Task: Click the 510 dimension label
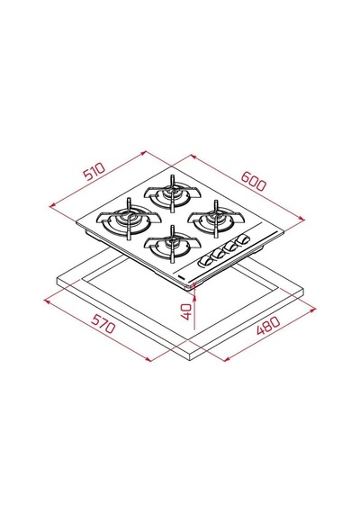point(94,171)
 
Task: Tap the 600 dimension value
point(254,181)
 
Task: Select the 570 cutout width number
point(103,323)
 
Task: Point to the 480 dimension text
point(268,326)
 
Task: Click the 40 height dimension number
point(186,311)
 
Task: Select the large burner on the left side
point(129,219)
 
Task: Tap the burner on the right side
point(216,219)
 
